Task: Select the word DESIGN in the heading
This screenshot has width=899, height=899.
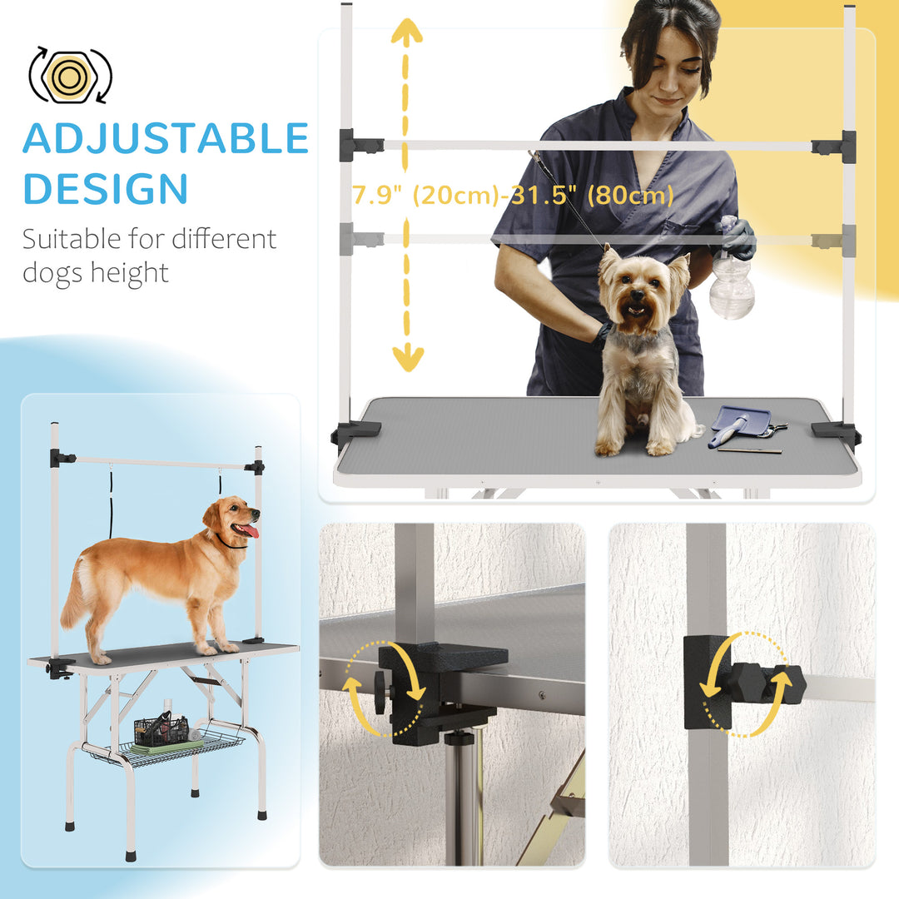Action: [105, 189]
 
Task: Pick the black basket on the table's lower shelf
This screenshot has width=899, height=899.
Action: [161, 731]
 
